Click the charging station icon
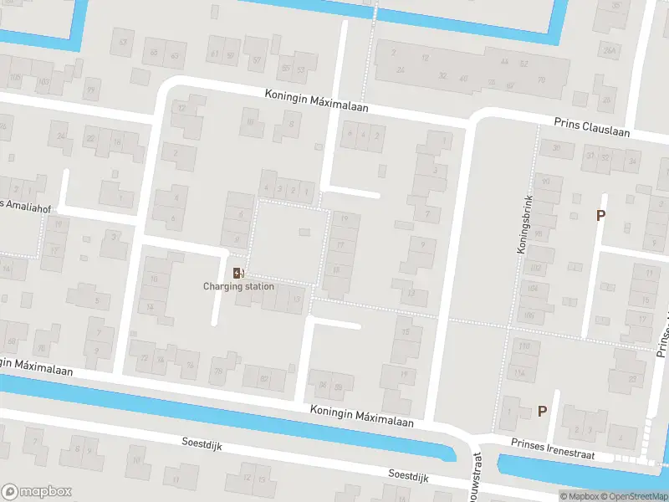coord(238,273)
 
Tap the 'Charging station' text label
coord(238,287)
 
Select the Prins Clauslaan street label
coord(591,127)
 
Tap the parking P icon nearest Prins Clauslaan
coord(600,215)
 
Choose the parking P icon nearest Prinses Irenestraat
coord(542,411)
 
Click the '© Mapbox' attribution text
coord(580,496)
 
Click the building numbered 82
coord(265,380)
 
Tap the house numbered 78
coord(219,371)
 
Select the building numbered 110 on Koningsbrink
coord(523,347)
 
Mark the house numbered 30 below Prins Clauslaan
coord(556,148)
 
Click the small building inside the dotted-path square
coord(304,232)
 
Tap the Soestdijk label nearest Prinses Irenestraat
coord(407,475)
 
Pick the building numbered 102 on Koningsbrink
coord(535,268)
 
